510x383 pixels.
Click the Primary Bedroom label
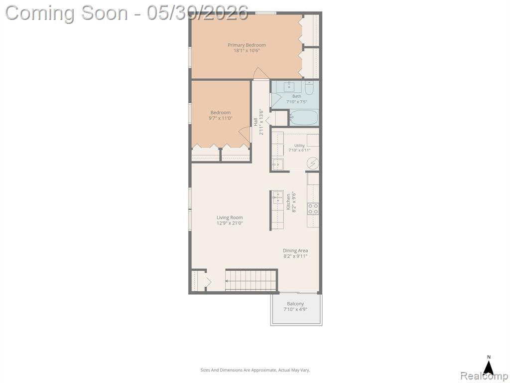(x=247, y=45)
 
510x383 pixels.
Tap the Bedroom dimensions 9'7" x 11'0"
(x=221, y=118)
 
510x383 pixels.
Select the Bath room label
(x=297, y=96)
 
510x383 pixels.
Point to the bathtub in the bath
(x=304, y=118)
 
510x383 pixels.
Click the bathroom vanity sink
(x=289, y=87)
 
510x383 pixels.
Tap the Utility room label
(x=299, y=146)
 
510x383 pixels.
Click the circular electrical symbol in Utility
(x=313, y=164)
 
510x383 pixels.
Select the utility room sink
(x=277, y=165)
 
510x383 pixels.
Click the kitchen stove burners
(x=313, y=209)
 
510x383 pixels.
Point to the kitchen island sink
(x=278, y=197)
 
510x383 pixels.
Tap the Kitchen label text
(x=288, y=202)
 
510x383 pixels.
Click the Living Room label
(x=230, y=217)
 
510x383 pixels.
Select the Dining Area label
(x=295, y=250)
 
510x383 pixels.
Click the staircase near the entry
(x=251, y=280)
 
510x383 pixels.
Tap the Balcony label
(x=295, y=304)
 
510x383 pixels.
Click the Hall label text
(x=255, y=122)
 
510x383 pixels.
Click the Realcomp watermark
(x=485, y=376)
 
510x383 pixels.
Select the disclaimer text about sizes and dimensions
(x=255, y=370)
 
